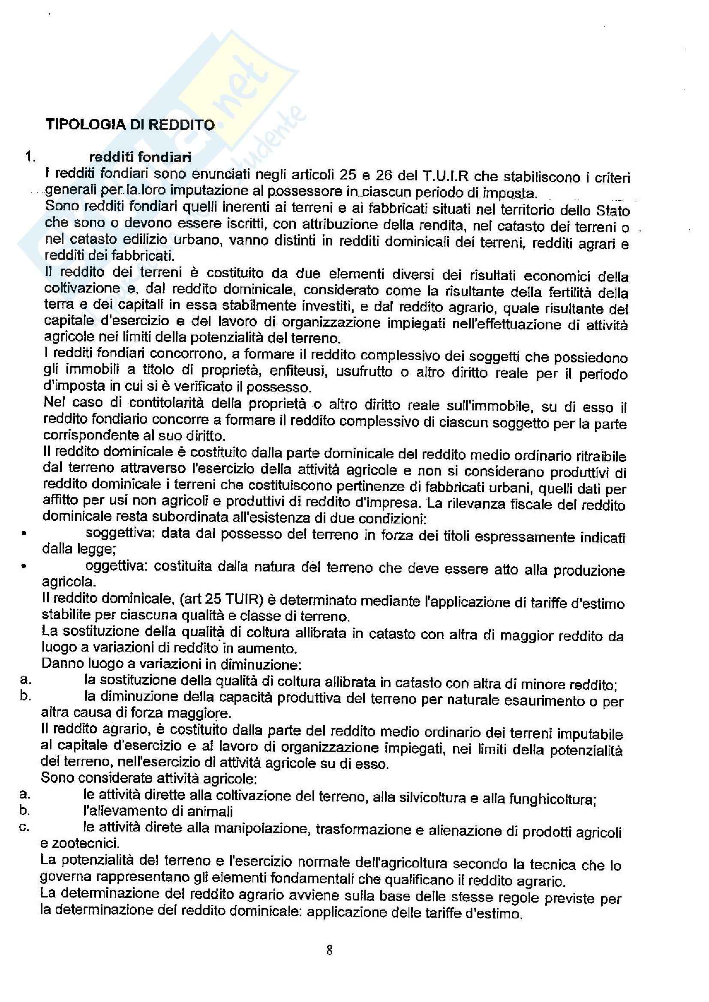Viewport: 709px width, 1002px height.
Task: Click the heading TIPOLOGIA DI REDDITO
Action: tap(130, 125)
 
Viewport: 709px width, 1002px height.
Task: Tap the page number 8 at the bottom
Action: tap(330, 950)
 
